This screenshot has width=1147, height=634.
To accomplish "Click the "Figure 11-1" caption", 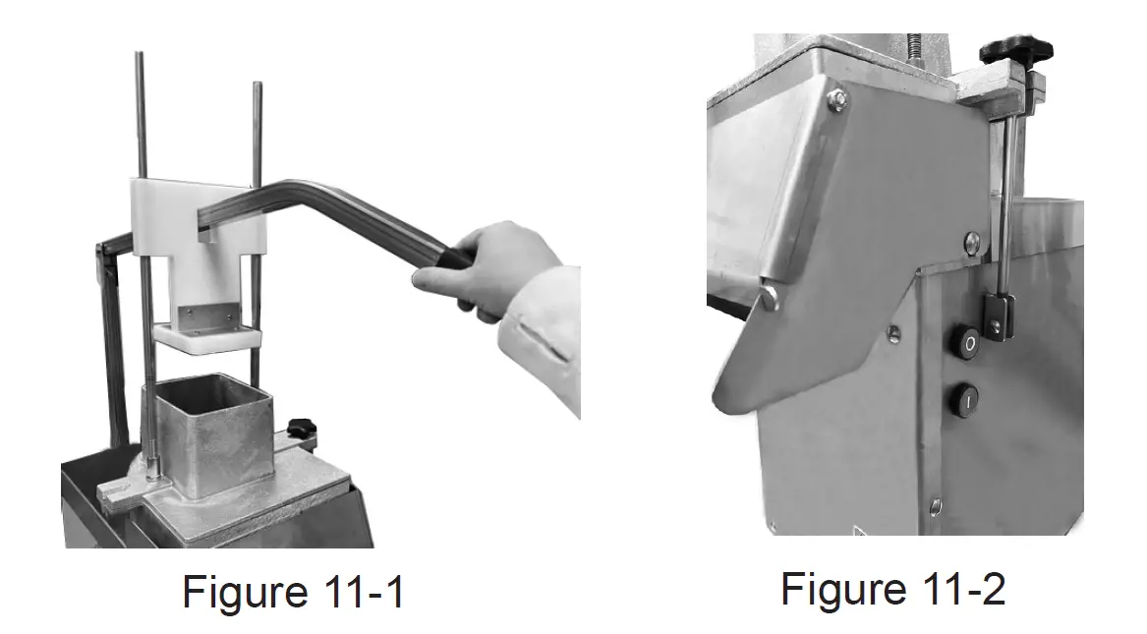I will (293, 593).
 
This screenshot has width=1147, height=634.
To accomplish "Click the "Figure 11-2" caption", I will (892, 589).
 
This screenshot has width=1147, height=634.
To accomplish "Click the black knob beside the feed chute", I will (301, 430).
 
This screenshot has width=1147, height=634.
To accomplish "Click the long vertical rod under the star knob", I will (1005, 197).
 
